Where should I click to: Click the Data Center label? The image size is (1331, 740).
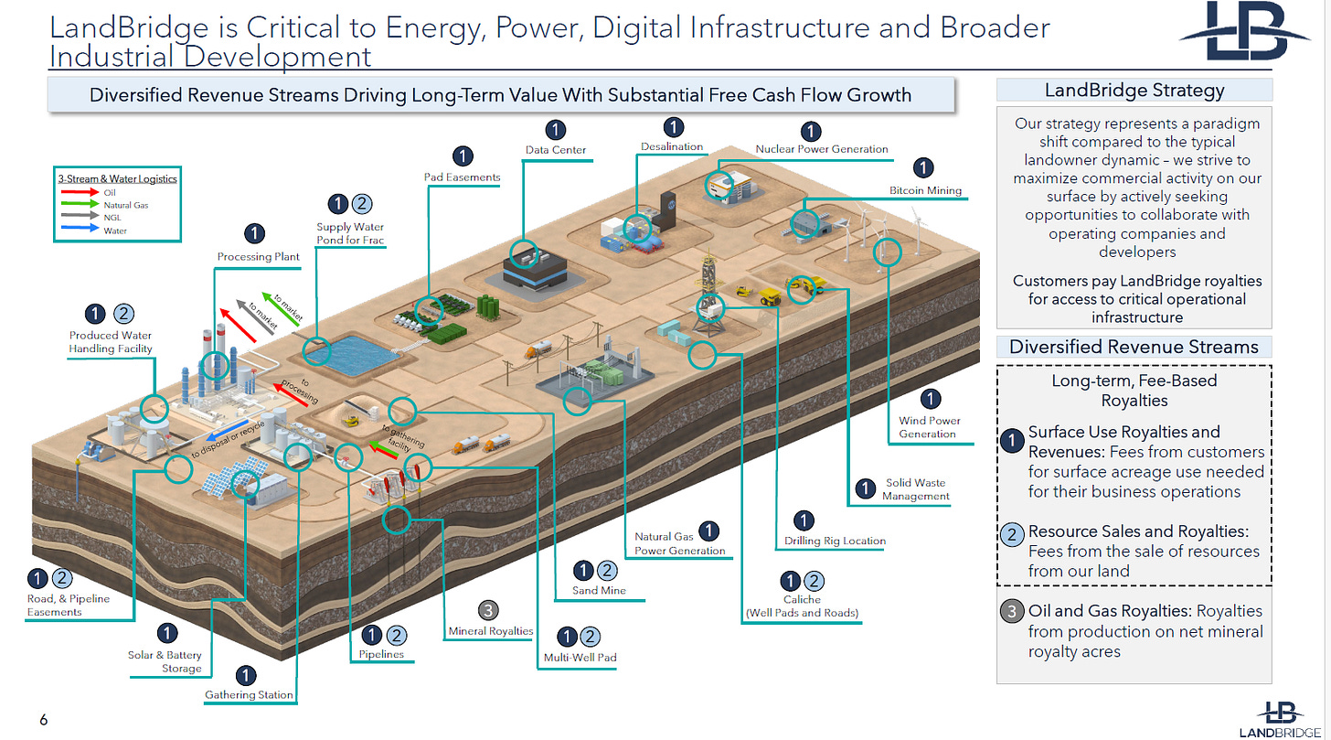coord(556,150)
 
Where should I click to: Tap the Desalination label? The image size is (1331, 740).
coord(672,146)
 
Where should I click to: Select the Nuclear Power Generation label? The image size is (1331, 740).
coord(821,149)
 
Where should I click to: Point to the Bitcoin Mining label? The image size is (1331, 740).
coord(925,190)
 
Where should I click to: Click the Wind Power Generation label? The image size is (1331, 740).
coord(929,427)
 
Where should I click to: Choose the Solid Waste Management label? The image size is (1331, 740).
coord(915,489)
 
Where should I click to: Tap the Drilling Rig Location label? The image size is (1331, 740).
coord(835,541)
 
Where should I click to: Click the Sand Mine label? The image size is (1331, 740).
coord(598,591)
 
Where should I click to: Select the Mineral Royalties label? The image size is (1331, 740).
coord(490,631)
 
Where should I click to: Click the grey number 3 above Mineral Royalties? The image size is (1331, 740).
coord(489,610)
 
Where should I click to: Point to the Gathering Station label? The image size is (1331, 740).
coord(249,695)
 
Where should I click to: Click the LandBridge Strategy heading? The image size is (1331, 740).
coord(1134,90)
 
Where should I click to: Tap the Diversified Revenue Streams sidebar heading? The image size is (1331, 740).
coord(1134,347)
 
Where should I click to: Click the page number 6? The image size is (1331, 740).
coord(43,720)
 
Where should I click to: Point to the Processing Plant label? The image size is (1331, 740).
coord(258,257)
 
